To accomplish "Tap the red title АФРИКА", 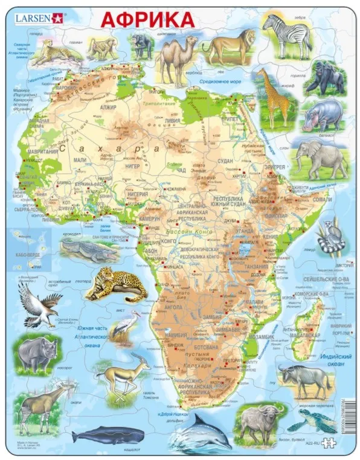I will (x=147, y=19).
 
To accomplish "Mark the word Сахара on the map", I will (x=115, y=148).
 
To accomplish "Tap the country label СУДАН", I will (x=225, y=161).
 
